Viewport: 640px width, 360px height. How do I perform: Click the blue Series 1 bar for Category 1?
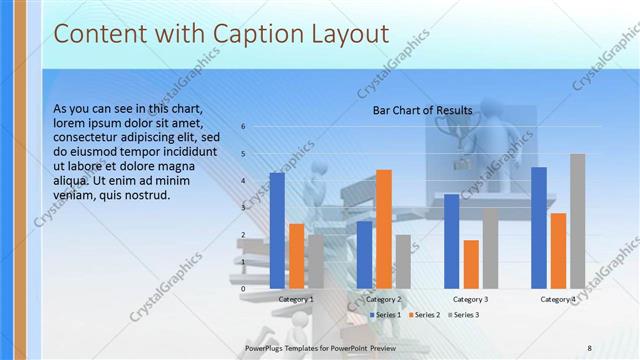point(277,231)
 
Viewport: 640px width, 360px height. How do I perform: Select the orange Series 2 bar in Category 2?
point(384,229)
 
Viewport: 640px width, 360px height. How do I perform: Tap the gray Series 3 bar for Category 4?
point(577,221)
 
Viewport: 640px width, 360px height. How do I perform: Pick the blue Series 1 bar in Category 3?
point(452,241)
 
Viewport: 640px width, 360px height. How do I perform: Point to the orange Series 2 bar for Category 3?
point(471,264)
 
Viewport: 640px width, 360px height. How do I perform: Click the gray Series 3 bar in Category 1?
point(316,262)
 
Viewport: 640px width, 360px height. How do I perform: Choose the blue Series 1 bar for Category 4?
point(539,228)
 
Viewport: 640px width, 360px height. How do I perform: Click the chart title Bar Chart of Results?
point(422,110)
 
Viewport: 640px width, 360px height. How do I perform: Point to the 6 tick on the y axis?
point(242,127)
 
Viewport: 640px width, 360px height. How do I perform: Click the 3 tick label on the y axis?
point(242,208)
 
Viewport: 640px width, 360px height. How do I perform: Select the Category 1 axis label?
point(296,299)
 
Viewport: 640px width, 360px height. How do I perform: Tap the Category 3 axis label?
point(471,299)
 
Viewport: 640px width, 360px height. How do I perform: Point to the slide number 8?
point(589,347)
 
